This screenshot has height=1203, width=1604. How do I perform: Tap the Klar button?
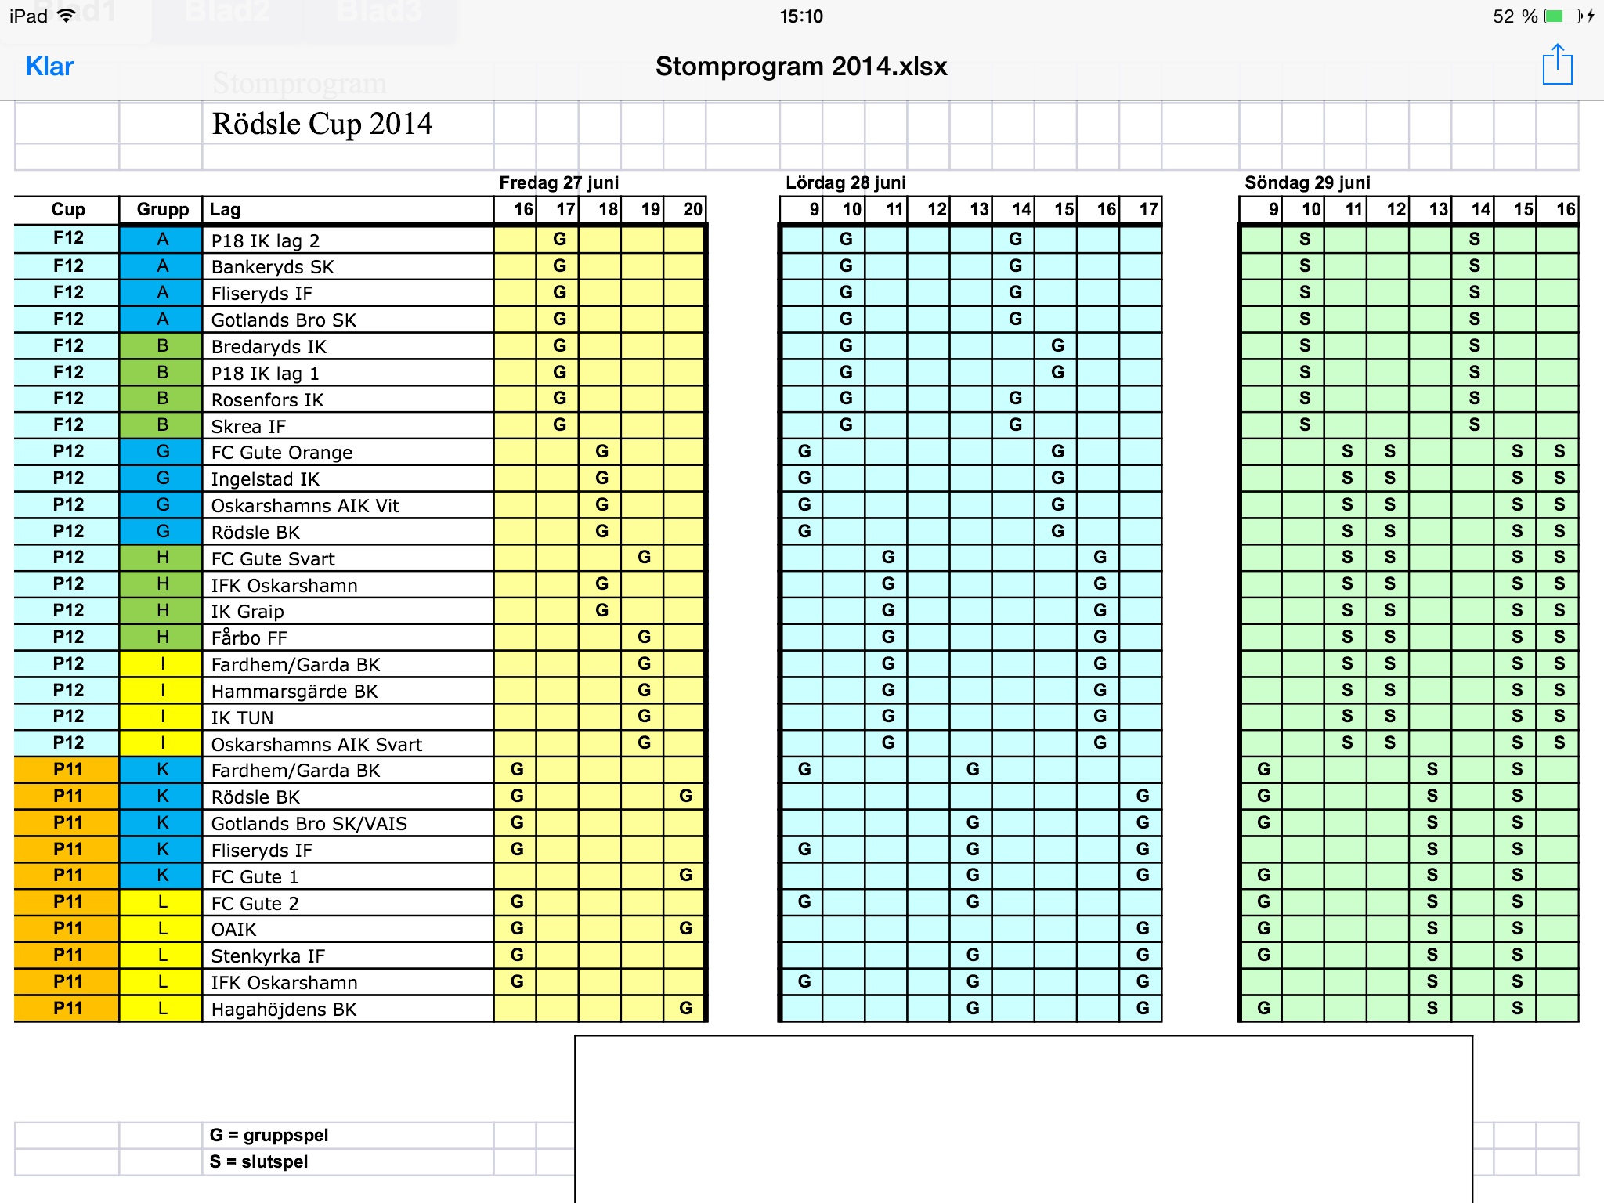point(49,67)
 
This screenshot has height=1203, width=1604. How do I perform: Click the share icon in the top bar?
point(1557,65)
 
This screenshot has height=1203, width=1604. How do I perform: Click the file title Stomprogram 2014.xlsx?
point(801,67)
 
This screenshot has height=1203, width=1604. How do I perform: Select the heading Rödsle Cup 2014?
point(322,124)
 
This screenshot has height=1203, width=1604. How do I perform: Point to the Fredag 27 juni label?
point(558,182)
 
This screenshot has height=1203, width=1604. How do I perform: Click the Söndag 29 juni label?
point(1307,182)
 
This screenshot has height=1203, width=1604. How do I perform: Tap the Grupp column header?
point(162,209)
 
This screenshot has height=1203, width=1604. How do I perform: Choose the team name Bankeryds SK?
point(273,267)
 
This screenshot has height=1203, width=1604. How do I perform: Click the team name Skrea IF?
point(248,426)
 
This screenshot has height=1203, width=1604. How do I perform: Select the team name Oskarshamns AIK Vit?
point(305,505)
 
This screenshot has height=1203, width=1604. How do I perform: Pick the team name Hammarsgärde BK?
point(294,691)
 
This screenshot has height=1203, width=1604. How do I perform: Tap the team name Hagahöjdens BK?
point(284,1009)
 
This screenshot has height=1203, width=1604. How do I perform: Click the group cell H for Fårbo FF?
point(162,638)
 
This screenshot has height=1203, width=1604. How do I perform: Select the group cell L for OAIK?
point(162,929)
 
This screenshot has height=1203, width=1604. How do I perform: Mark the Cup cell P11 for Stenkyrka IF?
point(67,956)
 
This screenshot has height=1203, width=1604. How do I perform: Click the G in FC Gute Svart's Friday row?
point(644,558)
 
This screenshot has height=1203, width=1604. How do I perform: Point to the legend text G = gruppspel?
point(269,1135)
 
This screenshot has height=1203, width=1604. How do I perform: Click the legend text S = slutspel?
point(258,1161)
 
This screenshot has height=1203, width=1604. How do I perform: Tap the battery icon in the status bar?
point(1563,16)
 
